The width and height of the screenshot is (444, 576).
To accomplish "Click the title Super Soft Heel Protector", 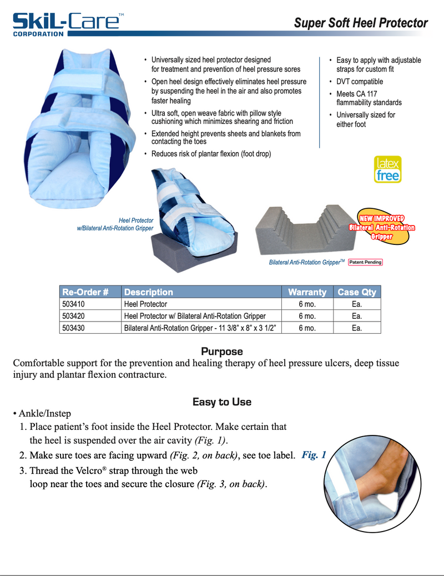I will tap(361, 23).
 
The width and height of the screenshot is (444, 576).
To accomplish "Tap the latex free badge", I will tap(387, 169).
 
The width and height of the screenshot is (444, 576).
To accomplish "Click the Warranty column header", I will tap(307, 292).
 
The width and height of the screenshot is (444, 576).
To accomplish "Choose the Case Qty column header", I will tap(357, 292).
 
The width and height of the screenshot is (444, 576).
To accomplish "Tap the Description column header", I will tap(149, 292).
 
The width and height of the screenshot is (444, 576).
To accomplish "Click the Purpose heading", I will tap(222, 352).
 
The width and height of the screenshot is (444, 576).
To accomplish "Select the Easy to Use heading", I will tap(222, 402).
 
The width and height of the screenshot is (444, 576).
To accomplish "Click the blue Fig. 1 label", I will tap(314, 455).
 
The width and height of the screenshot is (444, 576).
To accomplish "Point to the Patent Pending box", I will tap(365, 262).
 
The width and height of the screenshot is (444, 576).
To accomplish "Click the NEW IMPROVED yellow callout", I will tap(382, 227).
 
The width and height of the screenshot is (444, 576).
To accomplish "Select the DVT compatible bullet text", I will tap(360, 82).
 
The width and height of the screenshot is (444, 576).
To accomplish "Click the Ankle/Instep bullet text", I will tap(44, 414).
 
